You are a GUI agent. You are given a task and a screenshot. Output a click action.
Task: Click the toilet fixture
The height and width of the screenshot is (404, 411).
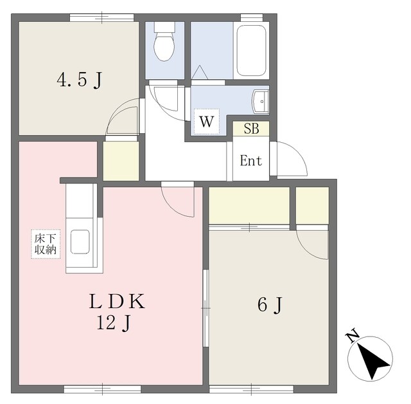(164, 41)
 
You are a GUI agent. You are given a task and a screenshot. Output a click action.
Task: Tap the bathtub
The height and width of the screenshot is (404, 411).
(251, 51)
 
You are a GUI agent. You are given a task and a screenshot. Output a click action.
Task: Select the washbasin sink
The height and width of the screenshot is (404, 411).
(260, 102)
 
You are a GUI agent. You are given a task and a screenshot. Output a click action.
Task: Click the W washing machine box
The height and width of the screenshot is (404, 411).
(207, 122)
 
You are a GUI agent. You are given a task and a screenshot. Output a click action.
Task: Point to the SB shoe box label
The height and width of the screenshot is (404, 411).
(251, 129)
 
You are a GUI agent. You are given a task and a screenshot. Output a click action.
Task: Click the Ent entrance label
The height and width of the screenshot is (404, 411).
(251, 160)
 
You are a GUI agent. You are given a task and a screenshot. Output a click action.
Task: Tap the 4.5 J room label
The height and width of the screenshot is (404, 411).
(79, 80)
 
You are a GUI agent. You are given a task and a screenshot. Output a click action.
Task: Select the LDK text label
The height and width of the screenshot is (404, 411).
(117, 301)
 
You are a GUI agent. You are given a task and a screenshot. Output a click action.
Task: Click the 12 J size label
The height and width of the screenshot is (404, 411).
(114, 323)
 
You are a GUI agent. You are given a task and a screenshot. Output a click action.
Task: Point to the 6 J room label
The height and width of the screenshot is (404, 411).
(270, 306)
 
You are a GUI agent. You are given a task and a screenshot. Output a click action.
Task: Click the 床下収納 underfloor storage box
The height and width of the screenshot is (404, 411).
(46, 244)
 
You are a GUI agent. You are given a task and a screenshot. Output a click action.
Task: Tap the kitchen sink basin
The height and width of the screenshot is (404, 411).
(80, 242)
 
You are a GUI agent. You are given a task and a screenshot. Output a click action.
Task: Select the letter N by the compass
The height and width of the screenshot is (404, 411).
(352, 335)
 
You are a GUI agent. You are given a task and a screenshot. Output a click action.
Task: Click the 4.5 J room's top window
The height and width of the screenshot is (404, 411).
(101, 17)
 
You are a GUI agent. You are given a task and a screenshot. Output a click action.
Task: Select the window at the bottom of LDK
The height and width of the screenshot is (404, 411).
(103, 389)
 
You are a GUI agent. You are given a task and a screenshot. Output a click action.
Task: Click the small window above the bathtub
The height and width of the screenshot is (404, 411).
(252, 17)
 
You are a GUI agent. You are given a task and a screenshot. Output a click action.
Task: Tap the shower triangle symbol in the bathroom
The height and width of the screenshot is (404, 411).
(200, 72)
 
